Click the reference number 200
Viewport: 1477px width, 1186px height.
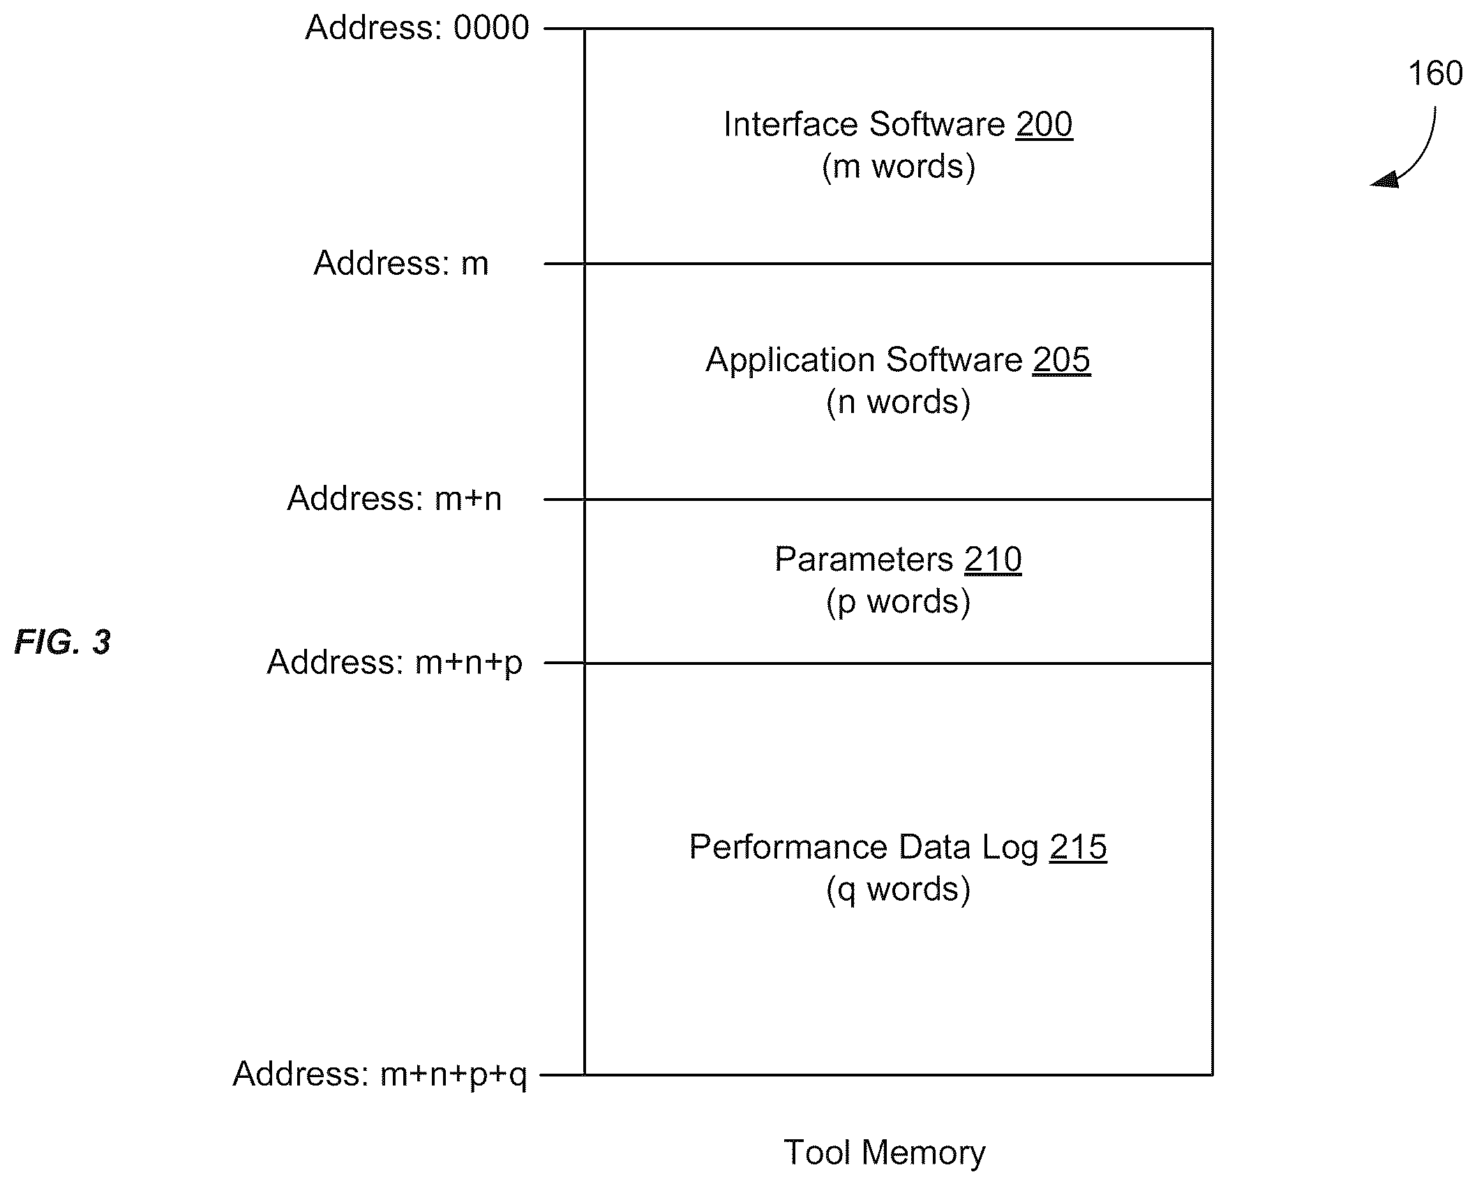tap(1044, 125)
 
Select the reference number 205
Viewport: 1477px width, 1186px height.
tap(1061, 361)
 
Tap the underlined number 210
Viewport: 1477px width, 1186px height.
tap(993, 560)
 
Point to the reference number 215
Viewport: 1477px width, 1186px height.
tap(1078, 848)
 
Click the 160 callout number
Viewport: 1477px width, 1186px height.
tap(1435, 74)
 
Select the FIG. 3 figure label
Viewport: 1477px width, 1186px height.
tap(63, 642)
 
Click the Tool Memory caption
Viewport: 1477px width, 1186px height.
tap(885, 1153)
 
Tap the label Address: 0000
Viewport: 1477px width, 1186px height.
tap(417, 29)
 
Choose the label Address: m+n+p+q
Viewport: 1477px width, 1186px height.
tap(380, 1074)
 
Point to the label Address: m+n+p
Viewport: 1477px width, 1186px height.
tap(395, 662)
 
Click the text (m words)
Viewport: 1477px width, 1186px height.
tap(899, 167)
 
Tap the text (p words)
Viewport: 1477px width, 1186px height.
tap(899, 602)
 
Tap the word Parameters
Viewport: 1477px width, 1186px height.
tap(864, 560)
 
